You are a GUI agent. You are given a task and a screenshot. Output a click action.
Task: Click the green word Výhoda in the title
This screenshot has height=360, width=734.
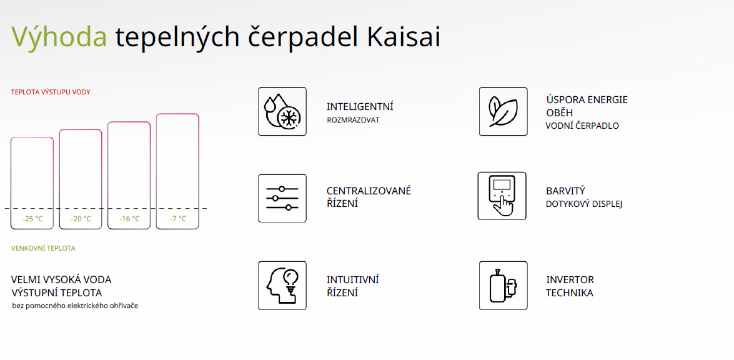click(x=59, y=37)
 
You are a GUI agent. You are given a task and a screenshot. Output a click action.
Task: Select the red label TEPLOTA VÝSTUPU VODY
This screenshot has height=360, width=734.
click(x=51, y=92)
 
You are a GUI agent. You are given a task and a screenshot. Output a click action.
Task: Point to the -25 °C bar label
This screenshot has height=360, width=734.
click(x=32, y=219)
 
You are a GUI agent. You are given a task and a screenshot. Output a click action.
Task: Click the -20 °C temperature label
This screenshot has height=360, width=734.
click(x=81, y=219)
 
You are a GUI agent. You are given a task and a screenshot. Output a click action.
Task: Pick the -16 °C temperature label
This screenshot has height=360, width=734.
click(x=129, y=219)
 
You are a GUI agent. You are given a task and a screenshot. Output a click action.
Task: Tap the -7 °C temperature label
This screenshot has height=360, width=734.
click(x=177, y=219)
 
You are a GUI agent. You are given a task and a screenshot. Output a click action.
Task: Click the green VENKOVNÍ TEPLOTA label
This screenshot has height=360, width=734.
click(x=43, y=248)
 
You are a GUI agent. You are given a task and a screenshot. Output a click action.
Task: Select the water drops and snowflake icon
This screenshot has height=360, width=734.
click(x=282, y=111)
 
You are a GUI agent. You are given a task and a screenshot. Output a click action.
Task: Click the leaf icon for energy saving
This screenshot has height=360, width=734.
click(x=503, y=111)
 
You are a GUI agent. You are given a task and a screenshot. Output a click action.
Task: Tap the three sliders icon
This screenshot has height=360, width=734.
click(x=282, y=198)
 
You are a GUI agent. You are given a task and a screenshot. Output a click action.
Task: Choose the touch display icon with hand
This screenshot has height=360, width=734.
click(x=502, y=196)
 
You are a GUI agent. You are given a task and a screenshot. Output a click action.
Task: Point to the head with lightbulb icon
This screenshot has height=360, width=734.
click(x=282, y=286)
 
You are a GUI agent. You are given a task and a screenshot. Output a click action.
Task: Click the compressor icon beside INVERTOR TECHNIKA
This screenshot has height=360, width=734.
click(x=503, y=286)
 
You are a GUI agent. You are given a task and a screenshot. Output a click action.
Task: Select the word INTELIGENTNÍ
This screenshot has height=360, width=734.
click(x=360, y=107)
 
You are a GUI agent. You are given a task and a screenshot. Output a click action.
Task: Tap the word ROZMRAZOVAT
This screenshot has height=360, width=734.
click(x=353, y=120)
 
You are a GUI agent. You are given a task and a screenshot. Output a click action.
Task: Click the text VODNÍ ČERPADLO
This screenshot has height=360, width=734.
click(x=582, y=126)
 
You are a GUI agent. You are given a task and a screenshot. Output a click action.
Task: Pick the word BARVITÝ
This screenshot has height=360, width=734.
click(x=565, y=191)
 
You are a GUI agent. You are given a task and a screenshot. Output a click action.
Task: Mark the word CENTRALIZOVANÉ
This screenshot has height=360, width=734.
click(x=369, y=191)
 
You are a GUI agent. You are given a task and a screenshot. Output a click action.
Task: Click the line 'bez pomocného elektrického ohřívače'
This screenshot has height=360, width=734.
click(x=76, y=306)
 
